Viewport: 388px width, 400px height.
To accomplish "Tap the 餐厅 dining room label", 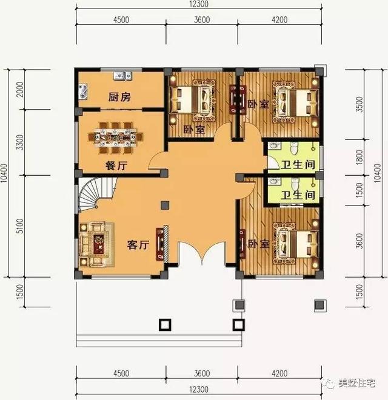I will click(x=113, y=165).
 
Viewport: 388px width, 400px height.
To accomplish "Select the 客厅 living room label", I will click(x=138, y=245).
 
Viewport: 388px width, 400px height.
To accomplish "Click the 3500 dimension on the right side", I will click(x=360, y=104).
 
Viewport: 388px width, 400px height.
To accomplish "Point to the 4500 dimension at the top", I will click(x=121, y=19).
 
